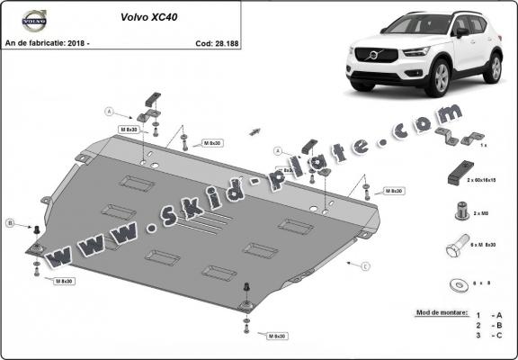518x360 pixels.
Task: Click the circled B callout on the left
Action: [10, 222]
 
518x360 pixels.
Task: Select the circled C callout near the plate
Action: [365, 266]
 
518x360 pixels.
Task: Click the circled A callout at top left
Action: [109, 112]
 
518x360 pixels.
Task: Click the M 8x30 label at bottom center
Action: [276, 336]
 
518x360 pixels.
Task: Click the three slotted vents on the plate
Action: [201, 225]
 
